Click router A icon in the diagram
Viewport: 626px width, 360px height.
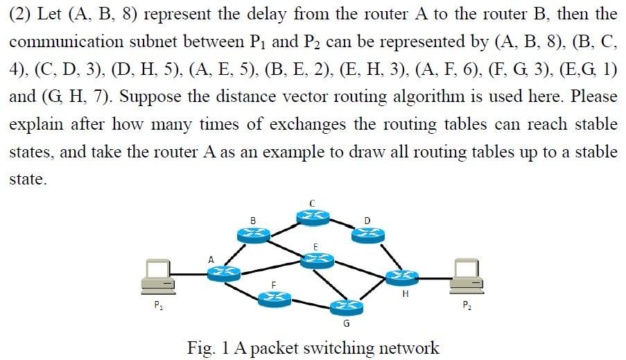pyautogui.click(x=223, y=274)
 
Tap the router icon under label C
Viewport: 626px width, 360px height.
pyautogui.click(x=313, y=217)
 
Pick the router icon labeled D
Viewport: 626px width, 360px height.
pyautogui.click(x=367, y=235)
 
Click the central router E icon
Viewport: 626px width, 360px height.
pyautogui.click(x=316, y=260)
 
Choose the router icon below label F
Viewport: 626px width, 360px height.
pyautogui.click(x=273, y=298)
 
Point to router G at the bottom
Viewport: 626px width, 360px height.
pyautogui.click(x=347, y=307)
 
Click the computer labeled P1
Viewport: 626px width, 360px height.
pyautogui.click(x=157, y=275)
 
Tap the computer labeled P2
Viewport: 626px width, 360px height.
pyautogui.click(x=467, y=275)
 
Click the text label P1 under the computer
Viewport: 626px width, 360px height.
pyautogui.click(x=158, y=305)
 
